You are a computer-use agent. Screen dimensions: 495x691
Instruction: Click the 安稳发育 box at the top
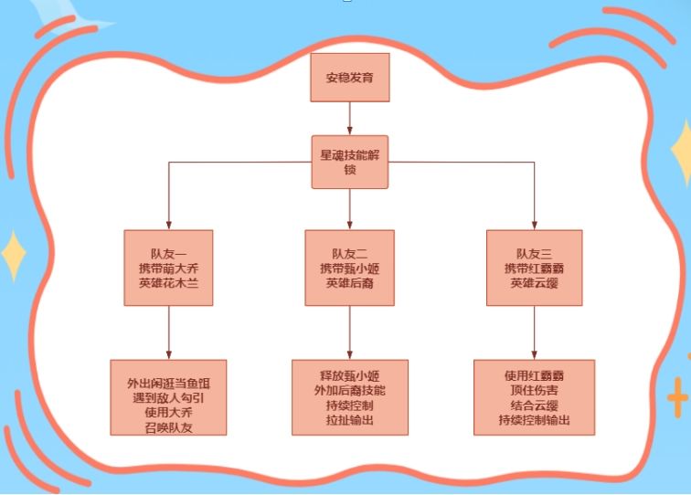(350, 78)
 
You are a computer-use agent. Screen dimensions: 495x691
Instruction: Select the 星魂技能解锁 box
(350, 163)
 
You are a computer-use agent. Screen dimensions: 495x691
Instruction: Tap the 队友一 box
(169, 268)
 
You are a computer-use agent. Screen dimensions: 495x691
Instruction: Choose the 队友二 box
(350, 268)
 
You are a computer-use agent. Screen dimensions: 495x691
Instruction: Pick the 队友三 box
(534, 268)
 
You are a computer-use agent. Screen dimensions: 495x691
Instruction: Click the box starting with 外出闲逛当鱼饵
(169, 397)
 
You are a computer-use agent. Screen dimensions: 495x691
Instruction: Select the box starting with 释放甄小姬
(350, 397)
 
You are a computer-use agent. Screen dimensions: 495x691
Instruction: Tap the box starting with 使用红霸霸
(534, 397)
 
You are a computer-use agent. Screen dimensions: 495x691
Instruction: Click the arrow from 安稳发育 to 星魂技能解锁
(350, 119)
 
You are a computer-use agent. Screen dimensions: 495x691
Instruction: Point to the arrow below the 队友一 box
(169, 332)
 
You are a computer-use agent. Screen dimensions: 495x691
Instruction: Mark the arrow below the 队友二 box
(350, 332)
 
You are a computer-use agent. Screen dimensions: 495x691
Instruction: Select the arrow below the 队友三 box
(534, 332)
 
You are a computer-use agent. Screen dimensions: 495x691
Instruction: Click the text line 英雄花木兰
(169, 284)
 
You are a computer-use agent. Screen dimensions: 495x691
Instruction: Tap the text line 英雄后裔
(350, 284)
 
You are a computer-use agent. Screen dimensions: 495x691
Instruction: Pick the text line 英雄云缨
(534, 284)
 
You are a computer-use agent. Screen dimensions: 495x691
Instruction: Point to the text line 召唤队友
(169, 426)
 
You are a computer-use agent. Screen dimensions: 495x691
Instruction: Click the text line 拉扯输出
(350, 420)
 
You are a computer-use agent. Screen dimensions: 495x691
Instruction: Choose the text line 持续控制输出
(534, 420)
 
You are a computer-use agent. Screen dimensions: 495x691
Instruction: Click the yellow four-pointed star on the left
(13, 257)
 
